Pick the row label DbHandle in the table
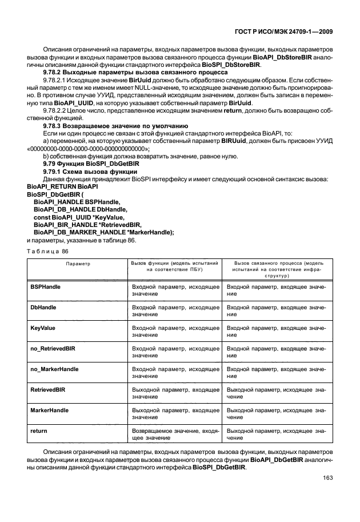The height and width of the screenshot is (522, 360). pos(43,307)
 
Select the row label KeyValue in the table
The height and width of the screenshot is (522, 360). pos(42,329)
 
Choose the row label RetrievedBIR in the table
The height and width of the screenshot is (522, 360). pos(47,389)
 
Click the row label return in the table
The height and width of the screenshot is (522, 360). pos(39,430)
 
